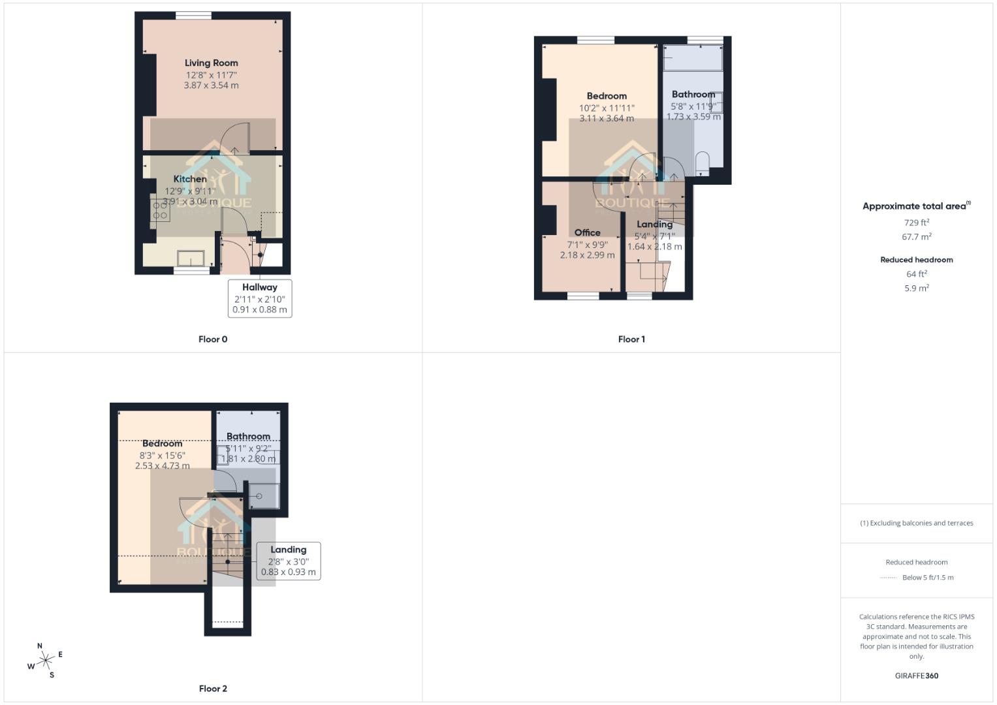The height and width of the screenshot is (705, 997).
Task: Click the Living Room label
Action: (x=211, y=63)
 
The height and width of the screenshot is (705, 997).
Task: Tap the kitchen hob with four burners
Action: (x=160, y=210)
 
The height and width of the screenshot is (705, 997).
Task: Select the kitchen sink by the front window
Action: (x=191, y=258)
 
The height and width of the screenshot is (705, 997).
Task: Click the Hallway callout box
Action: (x=260, y=298)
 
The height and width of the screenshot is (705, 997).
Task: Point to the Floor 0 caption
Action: (x=213, y=339)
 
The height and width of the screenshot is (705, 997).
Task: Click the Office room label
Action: (x=587, y=233)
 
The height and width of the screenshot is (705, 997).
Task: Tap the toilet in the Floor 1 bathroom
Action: (x=703, y=163)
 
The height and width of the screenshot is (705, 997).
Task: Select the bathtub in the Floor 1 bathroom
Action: (x=693, y=58)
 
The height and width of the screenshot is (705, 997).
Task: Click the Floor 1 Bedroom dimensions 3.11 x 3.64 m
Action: (x=607, y=119)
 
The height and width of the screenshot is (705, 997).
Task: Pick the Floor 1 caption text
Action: (x=631, y=339)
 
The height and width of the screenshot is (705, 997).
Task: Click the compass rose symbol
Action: (x=45, y=661)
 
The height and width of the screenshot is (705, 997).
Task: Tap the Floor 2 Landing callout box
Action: (x=288, y=561)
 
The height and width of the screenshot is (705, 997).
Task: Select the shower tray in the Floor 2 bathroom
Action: (x=264, y=496)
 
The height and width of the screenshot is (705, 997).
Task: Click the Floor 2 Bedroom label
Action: (x=162, y=444)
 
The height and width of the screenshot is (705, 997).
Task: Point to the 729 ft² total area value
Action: (x=916, y=223)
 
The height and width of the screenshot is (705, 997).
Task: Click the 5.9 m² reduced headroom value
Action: (x=916, y=289)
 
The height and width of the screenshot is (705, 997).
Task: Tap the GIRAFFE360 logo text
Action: (x=916, y=676)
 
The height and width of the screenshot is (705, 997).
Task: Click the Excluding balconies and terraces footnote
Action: (x=916, y=524)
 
